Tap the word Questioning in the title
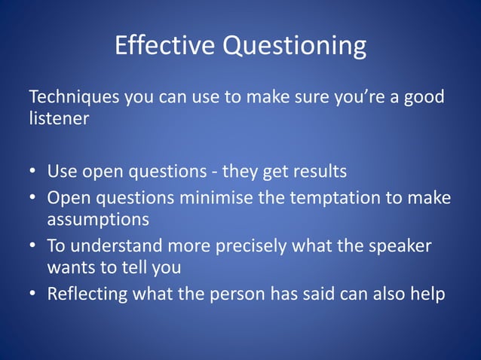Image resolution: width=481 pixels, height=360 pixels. pyautogui.click(x=293, y=47)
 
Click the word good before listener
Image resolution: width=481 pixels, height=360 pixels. pyautogui.click(x=423, y=99)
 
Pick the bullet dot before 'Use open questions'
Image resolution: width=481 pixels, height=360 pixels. pyautogui.click(x=33, y=172)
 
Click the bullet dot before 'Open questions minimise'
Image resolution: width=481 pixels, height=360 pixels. pyautogui.click(x=33, y=197)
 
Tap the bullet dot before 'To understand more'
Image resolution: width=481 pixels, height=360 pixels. pyautogui.click(x=33, y=246)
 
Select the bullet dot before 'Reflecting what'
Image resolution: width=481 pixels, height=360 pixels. pyautogui.click(x=33, y=294)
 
